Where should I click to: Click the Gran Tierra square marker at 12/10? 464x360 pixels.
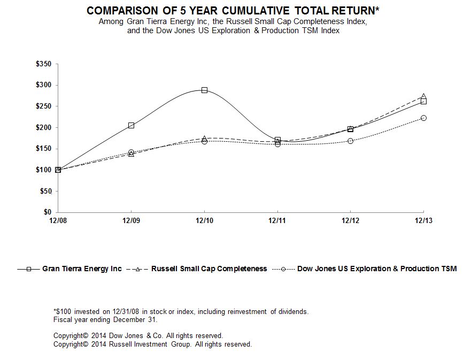[204, 90]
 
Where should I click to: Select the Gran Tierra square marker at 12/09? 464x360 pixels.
[131, 126]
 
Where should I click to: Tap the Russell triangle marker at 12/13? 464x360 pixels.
[423, 96]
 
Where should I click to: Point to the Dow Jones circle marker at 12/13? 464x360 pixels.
[423, 118]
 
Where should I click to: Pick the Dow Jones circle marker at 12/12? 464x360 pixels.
[350, 141]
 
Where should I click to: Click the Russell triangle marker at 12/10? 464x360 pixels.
[204, 138]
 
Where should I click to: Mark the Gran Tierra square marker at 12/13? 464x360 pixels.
[423, 102]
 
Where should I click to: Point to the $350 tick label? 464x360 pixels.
[43, 64]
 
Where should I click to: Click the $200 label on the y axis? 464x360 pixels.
[43, 128]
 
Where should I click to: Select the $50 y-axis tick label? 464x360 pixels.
[46, 192]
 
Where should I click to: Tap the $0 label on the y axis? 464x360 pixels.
[48, 212]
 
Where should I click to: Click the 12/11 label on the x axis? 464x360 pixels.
[277, 220]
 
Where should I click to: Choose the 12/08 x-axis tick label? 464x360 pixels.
[58, 220]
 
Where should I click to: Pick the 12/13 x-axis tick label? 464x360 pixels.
[423, 220]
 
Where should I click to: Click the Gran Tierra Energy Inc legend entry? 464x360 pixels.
[69, 269]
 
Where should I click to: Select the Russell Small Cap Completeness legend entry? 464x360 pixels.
[197, 269]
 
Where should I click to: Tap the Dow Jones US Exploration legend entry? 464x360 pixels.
[365, 269]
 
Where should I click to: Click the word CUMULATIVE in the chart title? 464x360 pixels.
[256, 11]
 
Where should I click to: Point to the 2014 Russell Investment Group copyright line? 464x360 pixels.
[153, 344]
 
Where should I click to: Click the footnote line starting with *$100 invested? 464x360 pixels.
[181, 312]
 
